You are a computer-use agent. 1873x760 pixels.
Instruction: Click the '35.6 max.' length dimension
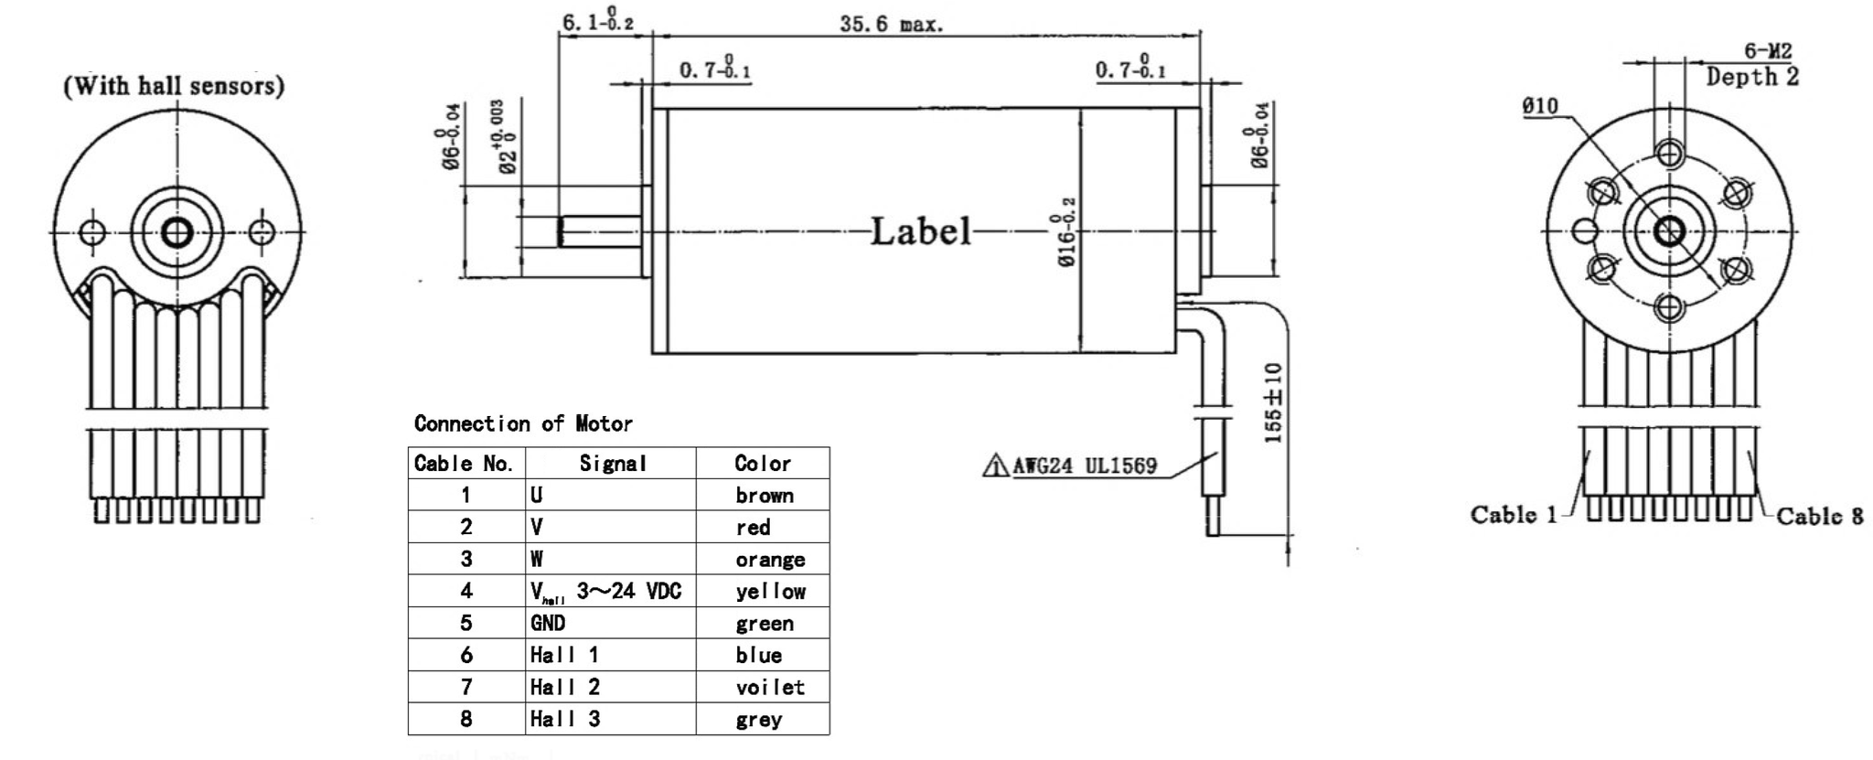[890, 25]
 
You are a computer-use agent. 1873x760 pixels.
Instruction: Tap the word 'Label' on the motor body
[919, 231]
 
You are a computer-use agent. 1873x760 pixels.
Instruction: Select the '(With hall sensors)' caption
[174, 86]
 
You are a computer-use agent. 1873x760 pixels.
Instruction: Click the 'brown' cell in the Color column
[764, 496]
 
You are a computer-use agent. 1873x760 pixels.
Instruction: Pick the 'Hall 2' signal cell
[565, 687]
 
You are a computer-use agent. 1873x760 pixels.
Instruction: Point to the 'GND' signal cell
[548, 623]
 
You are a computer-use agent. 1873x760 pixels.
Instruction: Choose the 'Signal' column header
[612, 464]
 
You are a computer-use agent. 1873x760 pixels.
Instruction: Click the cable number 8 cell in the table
[466, 719]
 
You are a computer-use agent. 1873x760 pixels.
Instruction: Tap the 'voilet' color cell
[769, 687]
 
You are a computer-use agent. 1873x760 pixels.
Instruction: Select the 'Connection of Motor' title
[523, 423]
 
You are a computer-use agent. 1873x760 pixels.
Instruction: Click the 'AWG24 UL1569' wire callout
[1084, 466]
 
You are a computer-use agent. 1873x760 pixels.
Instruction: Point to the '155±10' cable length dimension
[1273, 402]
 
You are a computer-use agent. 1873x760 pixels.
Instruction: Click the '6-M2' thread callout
[1767, 52]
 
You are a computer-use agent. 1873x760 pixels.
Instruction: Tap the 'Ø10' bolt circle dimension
[1539, 106]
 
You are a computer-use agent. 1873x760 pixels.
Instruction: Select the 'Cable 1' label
[1513, 514]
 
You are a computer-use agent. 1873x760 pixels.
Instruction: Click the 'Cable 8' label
[1819, 517]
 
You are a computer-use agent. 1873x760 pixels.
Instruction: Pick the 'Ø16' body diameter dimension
[1065, 233]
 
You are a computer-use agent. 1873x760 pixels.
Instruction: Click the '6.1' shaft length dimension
[597, 22]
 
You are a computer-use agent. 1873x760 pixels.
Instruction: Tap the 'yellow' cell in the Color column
[770, 592]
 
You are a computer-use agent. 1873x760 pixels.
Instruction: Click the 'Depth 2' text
[1751, 78]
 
